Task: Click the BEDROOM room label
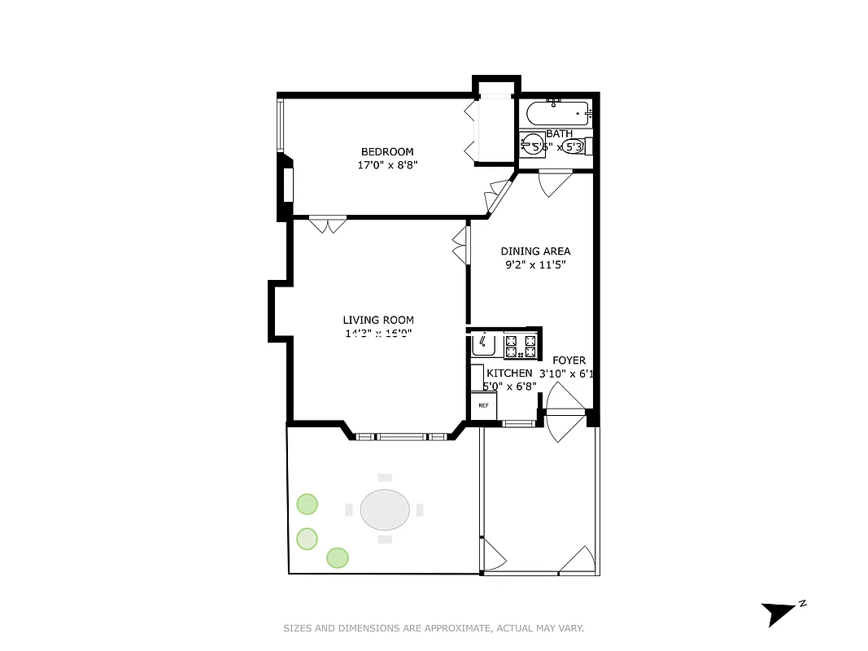coord(387,151)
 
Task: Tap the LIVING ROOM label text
coord(378,320)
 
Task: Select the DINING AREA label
coord(535,251)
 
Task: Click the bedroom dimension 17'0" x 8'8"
coord(387,165)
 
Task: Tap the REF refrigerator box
coord(483,404)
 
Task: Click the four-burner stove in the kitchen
coord(521,347)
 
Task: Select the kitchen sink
coord(486,345)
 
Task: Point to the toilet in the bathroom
coord(575,146)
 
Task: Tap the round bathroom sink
coord(533,144)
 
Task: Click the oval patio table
coord(385,510)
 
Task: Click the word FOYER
coord(569,360)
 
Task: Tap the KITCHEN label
coord(509,373)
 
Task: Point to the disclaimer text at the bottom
coord(434,628)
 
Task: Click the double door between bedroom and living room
coord(329,222)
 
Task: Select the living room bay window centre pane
coord(402,436)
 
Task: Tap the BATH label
coord(559,133)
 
